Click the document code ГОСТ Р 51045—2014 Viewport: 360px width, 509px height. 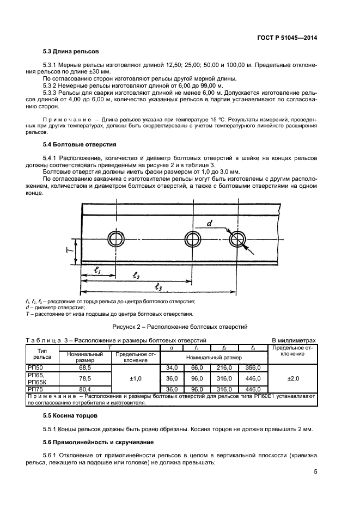pos(287,38)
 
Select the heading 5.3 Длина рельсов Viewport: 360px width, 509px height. pos(70,52)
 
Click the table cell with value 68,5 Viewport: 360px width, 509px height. pos(84,368)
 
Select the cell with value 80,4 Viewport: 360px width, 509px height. pos(84,389)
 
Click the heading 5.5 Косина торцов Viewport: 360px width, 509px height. pos(71,415)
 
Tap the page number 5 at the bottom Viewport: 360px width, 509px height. pos(315,472)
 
